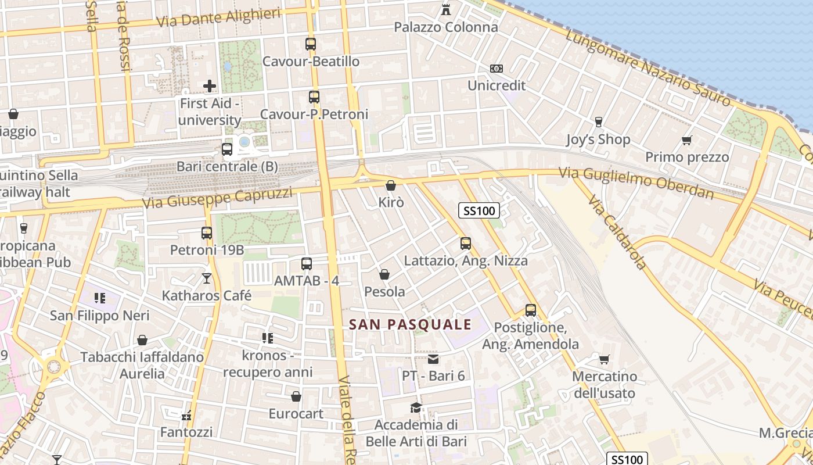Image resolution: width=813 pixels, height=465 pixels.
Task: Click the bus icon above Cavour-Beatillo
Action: point(311,44)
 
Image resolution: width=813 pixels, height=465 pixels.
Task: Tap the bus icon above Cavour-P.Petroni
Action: point(314,97)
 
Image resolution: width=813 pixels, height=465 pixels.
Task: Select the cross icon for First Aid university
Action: point(210,86)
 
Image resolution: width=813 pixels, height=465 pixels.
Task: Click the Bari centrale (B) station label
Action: point(227,166)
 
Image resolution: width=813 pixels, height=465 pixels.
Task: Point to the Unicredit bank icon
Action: point(497,69)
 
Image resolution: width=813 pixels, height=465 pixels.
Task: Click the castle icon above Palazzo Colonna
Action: point(446,10)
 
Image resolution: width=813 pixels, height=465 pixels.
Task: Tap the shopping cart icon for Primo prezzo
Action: point(687,140)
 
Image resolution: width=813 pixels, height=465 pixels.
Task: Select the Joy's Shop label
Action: point(598,139)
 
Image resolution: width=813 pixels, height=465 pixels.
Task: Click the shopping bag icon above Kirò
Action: point(391,185)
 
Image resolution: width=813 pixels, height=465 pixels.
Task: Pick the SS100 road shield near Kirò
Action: point(479,210)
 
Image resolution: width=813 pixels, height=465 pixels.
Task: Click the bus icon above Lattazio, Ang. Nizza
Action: point(466,244)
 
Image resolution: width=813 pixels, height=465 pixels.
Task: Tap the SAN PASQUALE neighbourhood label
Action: point(411,324)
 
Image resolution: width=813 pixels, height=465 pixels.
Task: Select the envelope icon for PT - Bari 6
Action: point(433,359)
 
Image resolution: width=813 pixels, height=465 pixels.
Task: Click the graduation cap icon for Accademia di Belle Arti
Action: point(416,407)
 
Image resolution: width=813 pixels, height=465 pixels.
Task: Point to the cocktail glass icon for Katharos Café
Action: point(207,278)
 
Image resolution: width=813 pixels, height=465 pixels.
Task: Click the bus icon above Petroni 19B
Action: point(207,233)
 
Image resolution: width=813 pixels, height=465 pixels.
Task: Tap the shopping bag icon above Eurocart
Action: point(296,396)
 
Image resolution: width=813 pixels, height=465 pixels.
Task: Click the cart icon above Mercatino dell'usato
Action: point(605,359)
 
